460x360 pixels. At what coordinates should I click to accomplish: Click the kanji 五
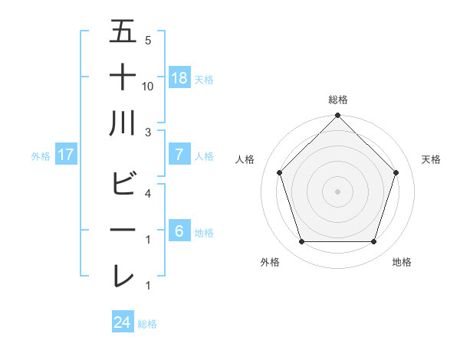coord(123,32)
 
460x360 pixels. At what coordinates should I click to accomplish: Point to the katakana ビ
coord(123,184)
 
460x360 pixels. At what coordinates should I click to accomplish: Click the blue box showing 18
coord(179,78)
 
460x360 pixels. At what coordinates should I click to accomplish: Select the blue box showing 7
coord(179,155)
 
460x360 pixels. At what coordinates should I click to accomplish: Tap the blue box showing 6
coord(179,231)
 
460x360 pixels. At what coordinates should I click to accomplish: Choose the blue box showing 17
coord(66,155)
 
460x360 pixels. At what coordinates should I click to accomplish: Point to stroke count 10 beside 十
coord(148,87)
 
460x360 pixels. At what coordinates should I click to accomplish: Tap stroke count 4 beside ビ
coord(148,194)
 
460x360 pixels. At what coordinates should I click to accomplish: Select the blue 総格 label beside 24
coord(147,324)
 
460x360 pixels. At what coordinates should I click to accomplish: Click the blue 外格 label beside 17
coord(41,156)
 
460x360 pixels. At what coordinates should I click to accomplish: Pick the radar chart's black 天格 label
coord(432,159)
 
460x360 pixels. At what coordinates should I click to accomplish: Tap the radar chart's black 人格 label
coord(245,159)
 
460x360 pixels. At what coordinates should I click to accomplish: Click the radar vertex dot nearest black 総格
coord(337,116)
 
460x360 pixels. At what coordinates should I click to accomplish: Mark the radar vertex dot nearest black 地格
coord(374,242)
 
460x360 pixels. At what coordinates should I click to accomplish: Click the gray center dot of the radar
coord(337,191)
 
